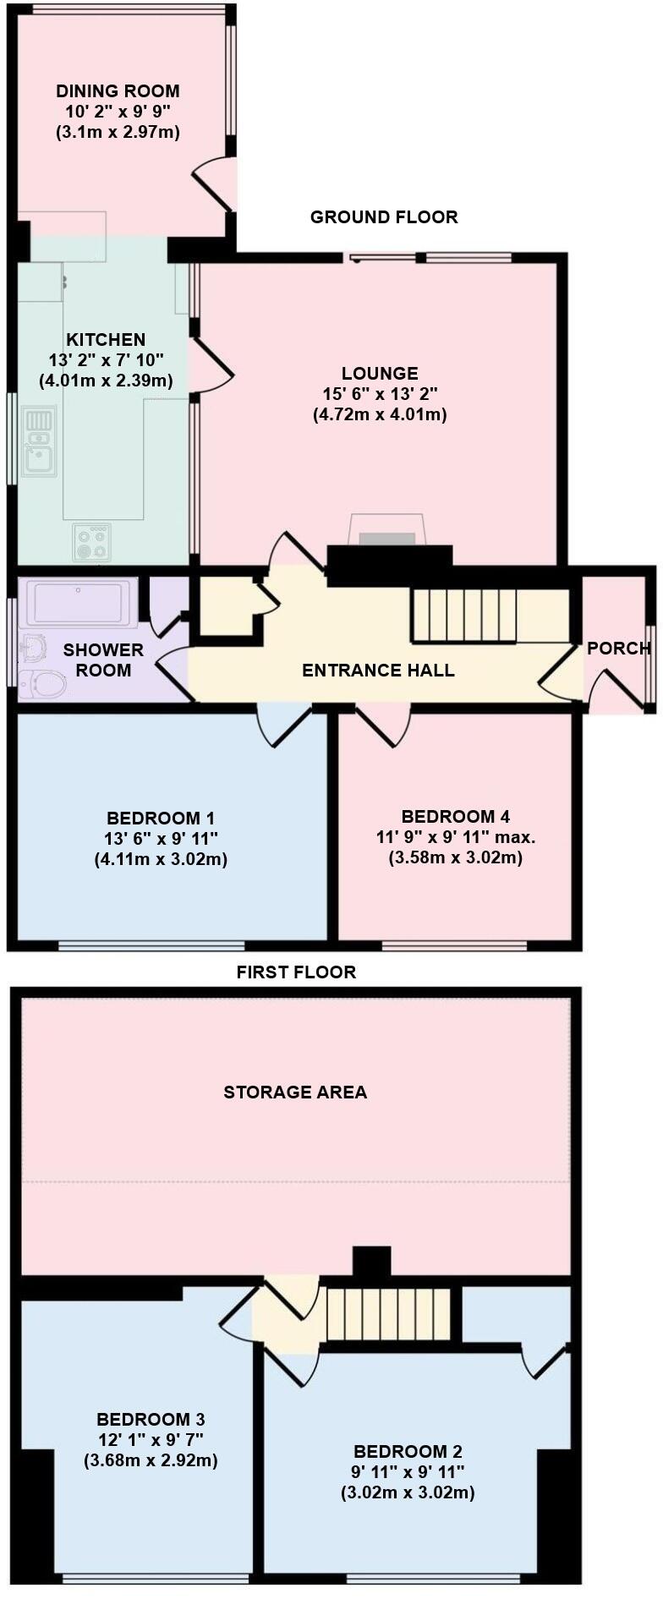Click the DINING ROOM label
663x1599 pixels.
click(118, 91)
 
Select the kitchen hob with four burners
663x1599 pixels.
click(91, 542)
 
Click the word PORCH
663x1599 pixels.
click(618, 649)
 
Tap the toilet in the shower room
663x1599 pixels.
click(42, 683)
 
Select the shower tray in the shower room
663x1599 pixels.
click(80, 602)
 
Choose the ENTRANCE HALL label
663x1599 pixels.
click(378, 671)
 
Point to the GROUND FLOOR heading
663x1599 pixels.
click(384, 217)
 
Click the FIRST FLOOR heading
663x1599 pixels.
click(296, 972)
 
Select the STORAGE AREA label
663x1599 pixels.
click(295, 1092)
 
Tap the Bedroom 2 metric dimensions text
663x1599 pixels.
click(408, 1493)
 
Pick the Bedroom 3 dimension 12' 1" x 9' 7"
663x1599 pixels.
click(151, 1439)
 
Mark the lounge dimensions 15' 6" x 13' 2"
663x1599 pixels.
click(380, 394)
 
